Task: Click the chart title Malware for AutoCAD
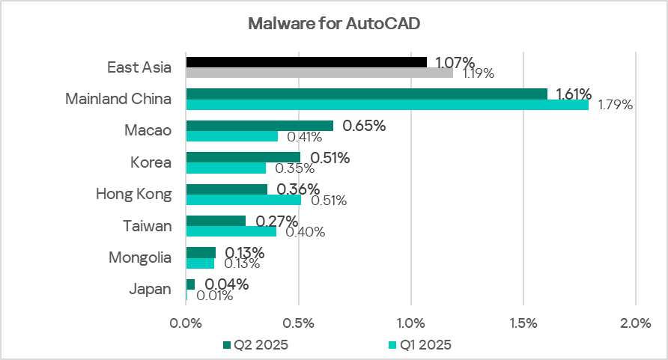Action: (x=334, y=23)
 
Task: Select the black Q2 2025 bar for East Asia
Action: (x=306, y=62)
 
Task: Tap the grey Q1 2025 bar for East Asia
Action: (x=319, y=73)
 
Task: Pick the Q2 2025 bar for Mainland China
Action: (x=366, y=94)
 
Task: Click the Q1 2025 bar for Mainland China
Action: (x=387, y=105)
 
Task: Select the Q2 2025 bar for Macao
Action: (x=259, y=126)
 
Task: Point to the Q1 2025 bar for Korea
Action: (x=225, y=168)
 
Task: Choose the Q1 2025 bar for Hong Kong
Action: (x=243, y=200)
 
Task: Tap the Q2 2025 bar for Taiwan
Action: (x=216, y=221)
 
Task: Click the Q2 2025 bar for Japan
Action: (x=190, y=284)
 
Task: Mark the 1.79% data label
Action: (x=615, y=105)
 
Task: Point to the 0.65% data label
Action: (x=364, y=126)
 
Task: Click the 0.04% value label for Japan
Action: (x=226, y=284)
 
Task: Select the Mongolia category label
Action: (x=140, y=257)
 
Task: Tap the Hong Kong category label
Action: (x=133, y=194)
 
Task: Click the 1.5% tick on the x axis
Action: (x=523, y=323)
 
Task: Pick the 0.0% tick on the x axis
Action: (x=186, y=323)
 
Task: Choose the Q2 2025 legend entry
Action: (x=255, y=345)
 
